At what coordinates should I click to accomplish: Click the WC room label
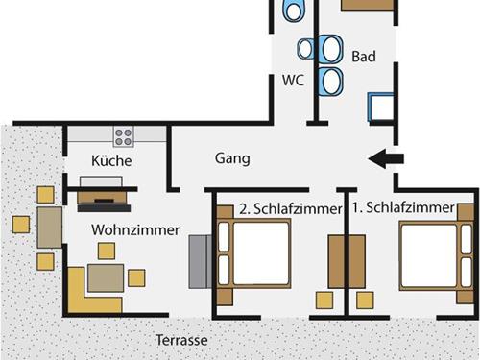pos(293,81)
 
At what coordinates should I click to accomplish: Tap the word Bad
pos(363,57)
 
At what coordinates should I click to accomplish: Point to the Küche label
pos(111,160)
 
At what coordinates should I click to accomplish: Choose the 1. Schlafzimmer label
pos(402,207)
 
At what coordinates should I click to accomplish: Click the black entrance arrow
pos(387,159)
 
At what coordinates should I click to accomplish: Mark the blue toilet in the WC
pos(294,10)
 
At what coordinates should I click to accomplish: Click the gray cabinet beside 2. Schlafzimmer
pos(200,261)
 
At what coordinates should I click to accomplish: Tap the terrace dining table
pos(50,228)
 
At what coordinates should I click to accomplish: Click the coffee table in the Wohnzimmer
pos(106,277)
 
